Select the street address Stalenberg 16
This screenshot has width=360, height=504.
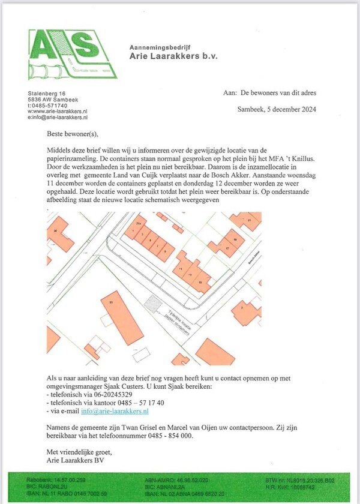tap(47, 94)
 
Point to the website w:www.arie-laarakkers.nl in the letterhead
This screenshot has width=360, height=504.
tap(58, 112)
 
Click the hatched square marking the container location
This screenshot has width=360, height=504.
tap(155, 301)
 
